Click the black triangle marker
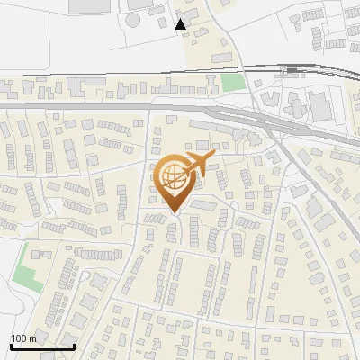coord(181,24)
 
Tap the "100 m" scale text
coord(23,338)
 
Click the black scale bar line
coord(41,346)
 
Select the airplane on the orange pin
coord(197,166)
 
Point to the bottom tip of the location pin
coord(175,213)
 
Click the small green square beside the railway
coord(233,82)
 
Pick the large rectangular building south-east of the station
coord(319,101)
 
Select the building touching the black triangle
coord(193,32)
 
